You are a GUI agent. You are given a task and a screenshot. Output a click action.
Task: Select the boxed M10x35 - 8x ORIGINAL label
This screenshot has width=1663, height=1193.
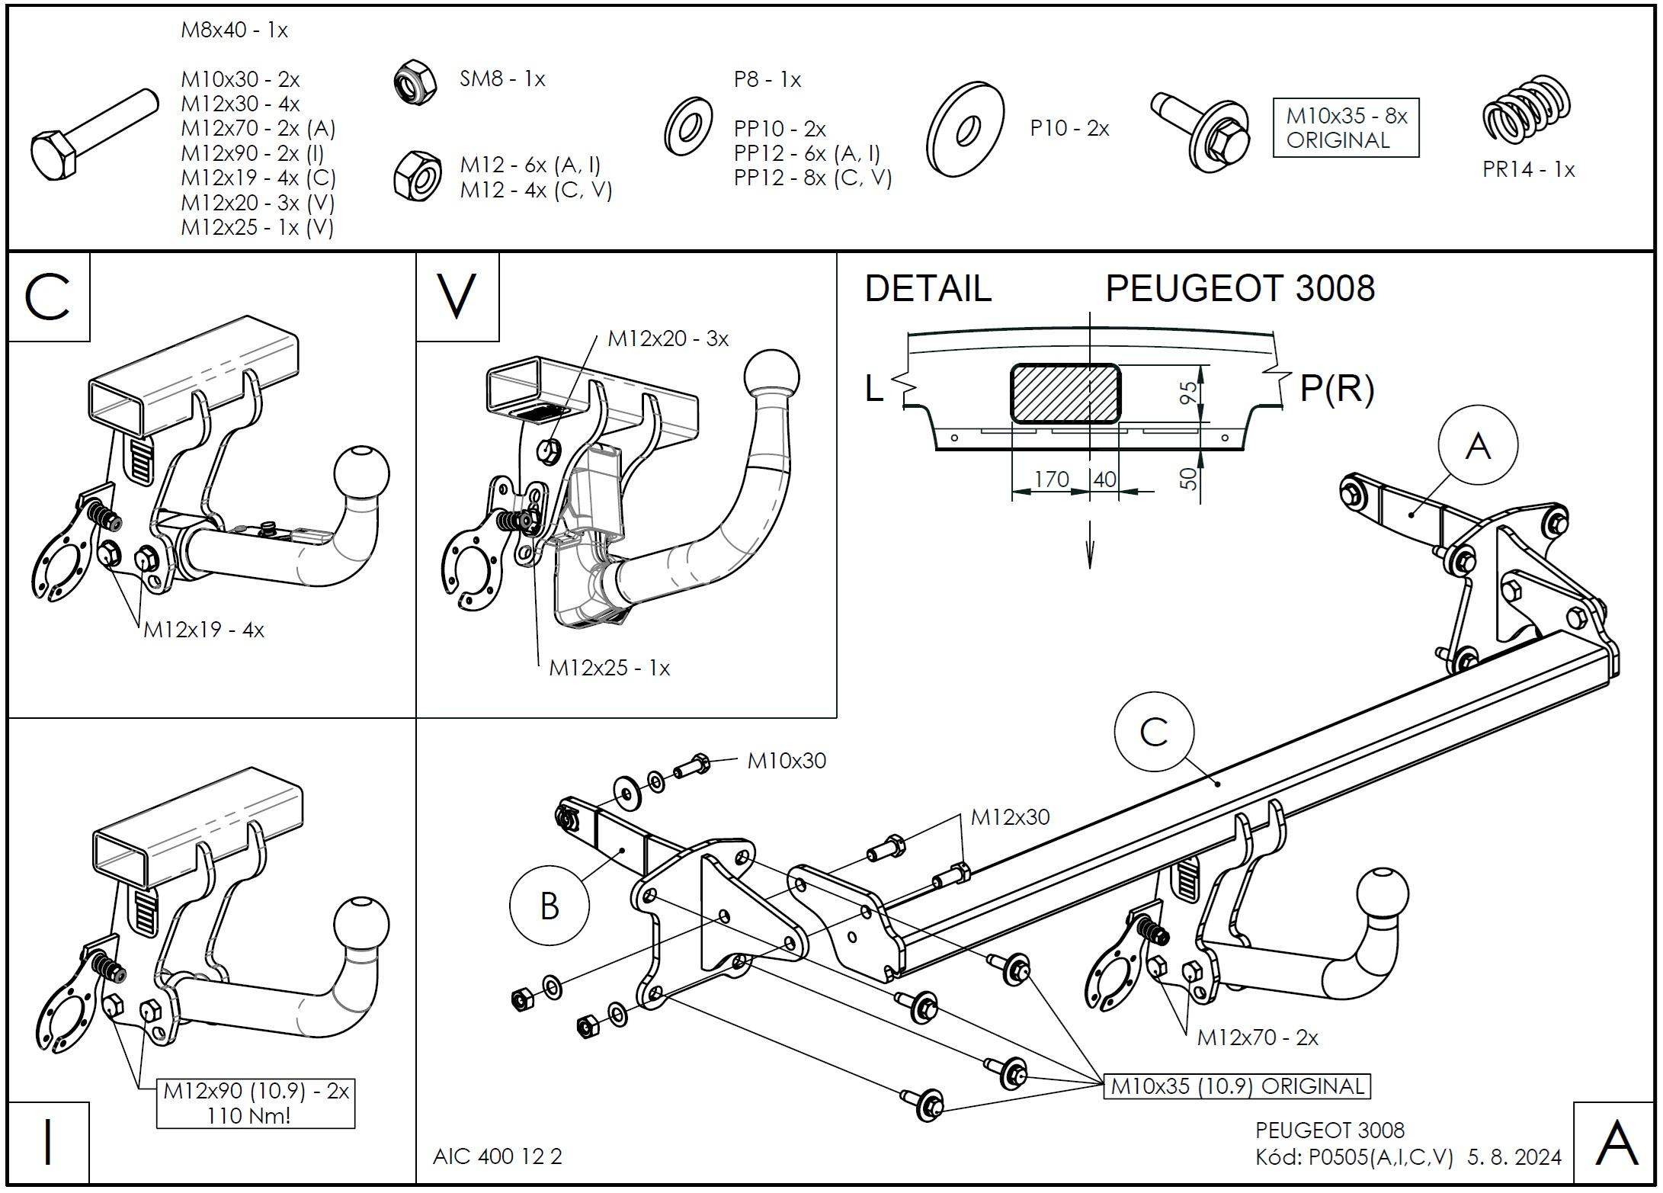pos(1346,128)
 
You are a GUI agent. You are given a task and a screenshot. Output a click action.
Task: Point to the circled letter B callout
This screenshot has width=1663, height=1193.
pos(549,906)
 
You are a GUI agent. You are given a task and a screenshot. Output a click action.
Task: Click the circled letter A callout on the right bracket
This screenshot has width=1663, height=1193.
pos(1478,445)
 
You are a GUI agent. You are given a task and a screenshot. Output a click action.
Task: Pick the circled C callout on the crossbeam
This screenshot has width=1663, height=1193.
pos(1154,733)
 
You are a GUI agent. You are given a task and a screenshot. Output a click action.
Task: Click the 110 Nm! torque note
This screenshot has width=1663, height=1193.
pos(248,1116)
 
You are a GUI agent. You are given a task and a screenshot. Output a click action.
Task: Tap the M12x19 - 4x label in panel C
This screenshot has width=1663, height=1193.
pos(203,630)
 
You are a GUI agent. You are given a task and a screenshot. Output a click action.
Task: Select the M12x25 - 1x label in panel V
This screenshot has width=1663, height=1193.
pos(609,669)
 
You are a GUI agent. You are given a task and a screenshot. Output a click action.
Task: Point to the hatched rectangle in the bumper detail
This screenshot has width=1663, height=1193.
pos(1065,393)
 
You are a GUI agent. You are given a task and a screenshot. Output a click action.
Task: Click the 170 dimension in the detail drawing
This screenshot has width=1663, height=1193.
pos(1051,479)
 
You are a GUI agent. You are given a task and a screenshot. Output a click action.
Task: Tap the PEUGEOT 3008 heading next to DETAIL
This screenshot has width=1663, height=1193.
pos(1240,289)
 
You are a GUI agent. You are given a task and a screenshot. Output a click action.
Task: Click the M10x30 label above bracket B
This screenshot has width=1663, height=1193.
pos(787,761)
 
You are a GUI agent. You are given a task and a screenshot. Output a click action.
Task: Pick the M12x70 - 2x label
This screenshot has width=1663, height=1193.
pos(1258,1037)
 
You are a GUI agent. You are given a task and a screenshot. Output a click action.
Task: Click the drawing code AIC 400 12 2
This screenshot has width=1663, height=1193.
pos(497,1156)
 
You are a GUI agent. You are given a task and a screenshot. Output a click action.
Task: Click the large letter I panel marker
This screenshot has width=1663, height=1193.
pos(48,1143)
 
